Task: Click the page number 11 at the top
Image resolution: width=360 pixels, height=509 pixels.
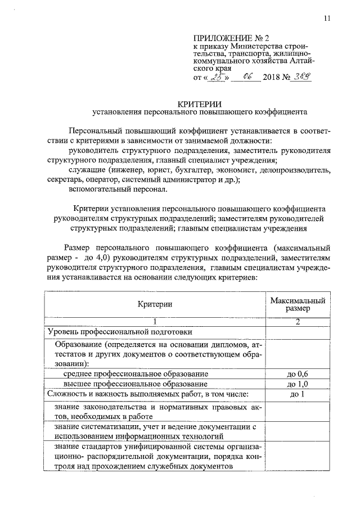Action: point(327,19)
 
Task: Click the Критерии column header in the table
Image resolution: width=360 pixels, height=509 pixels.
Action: point(153,304)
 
